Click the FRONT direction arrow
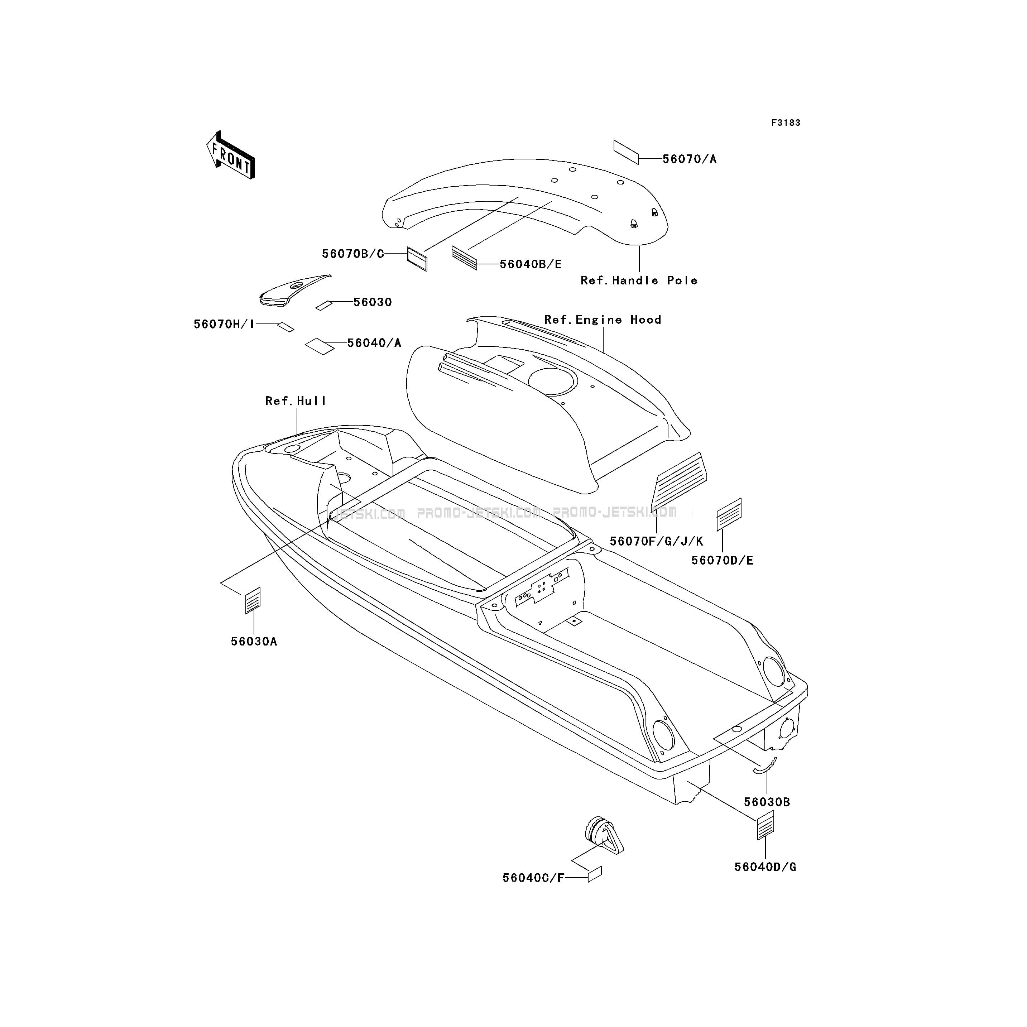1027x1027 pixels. click(x=231, y=155)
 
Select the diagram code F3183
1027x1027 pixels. click(x=786, y=123)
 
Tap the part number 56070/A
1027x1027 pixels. click(x=690, y=159)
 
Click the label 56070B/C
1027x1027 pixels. click(x=353, y=254)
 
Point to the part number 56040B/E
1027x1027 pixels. click(x=531, y=264)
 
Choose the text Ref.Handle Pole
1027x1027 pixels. click(x=639, y=280)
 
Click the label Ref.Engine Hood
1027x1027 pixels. click(x=603, y=320)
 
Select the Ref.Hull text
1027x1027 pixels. click(x=296, y=401)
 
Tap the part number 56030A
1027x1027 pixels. click(x=254, y=642)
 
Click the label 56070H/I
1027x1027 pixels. click(x=224, y=324)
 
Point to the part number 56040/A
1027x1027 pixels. click(x=374, y=343)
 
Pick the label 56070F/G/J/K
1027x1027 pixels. click(x=657, y=541)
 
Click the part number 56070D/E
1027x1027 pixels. click(x=723, y=560)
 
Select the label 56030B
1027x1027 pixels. click(x=767, y=802)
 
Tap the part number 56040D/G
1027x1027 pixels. click(x=766, y=867)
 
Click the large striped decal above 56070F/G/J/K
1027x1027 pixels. click(x=679, y=480)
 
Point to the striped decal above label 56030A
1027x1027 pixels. click(x=253, y=601)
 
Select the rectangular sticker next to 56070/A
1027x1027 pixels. click(x=626, y=153)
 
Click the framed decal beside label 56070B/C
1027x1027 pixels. click(x=417, y=258)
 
